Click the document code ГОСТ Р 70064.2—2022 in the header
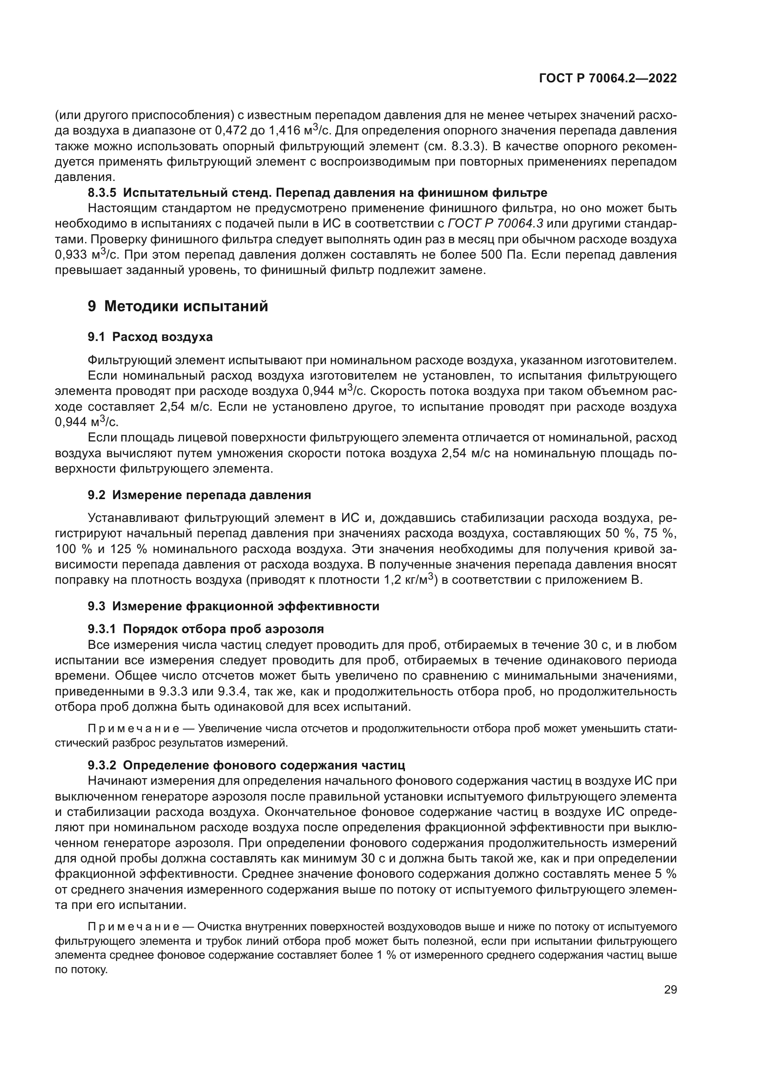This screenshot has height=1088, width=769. (608, 79)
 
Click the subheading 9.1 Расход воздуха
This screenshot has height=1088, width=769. (150, 337)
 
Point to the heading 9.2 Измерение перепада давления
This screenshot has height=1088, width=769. (199, 495)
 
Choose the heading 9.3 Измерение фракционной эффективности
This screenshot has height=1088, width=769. (233, 606)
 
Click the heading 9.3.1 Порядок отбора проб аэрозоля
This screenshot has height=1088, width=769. (206, 629)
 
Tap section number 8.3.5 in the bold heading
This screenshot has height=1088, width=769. (102, 193)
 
